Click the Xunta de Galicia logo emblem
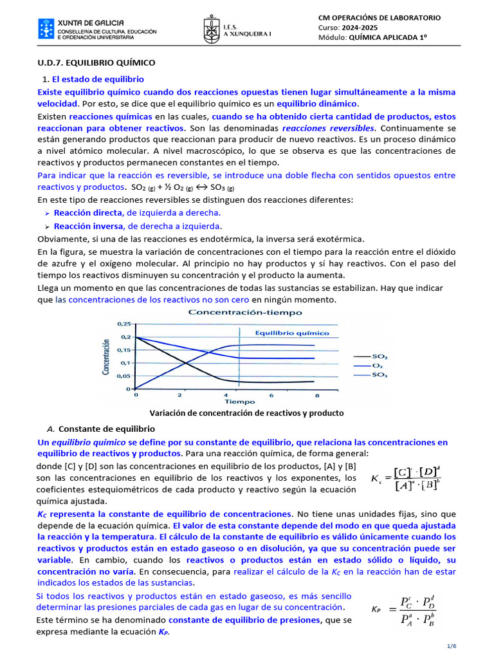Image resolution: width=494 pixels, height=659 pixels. coord(46,30)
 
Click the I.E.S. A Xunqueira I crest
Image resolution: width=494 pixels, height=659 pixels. coord(212,29)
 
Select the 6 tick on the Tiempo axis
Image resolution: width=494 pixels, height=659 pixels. coord(271,395)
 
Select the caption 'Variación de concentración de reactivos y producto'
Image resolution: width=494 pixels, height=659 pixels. coord(246,413)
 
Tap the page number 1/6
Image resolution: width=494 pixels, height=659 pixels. coord(451,645)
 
